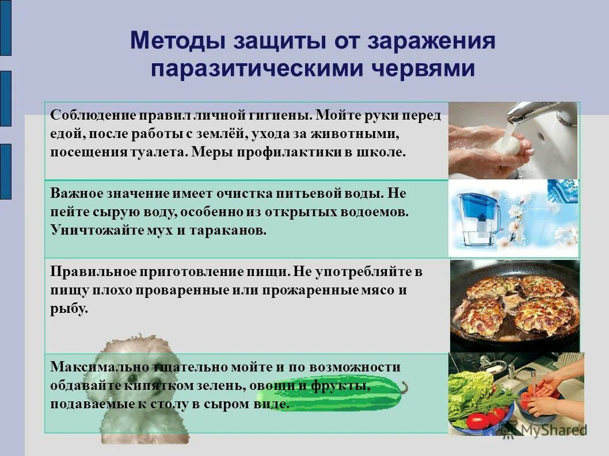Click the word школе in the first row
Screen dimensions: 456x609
(x=384, y=153)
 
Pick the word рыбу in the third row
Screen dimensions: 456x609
(x=69, y=309)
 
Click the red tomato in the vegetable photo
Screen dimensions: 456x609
(x=478, y=420)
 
